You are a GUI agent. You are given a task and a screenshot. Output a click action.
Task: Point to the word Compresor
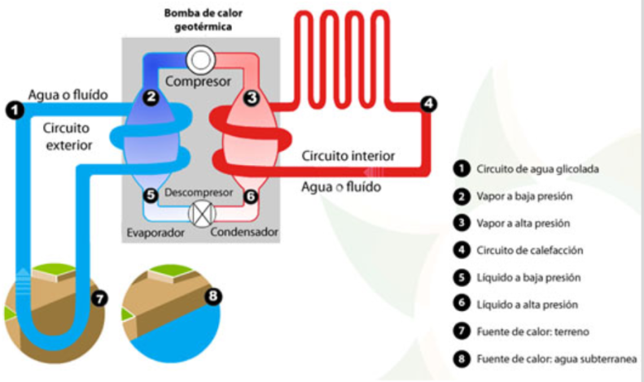[x=199, y=81]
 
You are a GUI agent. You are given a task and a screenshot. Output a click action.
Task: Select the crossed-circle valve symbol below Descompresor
[x=199, y=214]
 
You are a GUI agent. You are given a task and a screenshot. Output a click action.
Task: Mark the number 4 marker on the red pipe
[x=428, y=104]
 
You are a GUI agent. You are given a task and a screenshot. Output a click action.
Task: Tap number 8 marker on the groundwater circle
[x=213, y=297]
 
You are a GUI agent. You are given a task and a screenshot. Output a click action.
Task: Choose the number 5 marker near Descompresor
[x=150, y=195]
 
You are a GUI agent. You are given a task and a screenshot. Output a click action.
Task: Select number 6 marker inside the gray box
[x=251, y=195]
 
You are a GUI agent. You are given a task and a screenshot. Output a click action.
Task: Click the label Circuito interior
[x=348, y=154]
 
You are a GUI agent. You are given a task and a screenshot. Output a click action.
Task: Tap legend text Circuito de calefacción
[x=530, y=250]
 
